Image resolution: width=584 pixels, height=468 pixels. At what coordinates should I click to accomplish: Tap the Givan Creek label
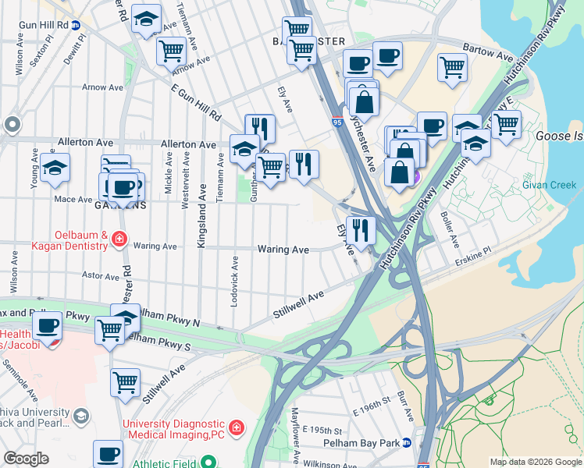[x=550, y=185]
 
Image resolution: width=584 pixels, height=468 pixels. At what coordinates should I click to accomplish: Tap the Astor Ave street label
[x=100, y=275]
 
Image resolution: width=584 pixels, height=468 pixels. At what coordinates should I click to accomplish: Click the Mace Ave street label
[x=73, y=200]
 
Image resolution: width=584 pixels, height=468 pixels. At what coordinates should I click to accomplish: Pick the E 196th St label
[x=370, y=409]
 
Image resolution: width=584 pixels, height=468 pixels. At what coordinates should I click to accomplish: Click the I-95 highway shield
[x=337, y=122]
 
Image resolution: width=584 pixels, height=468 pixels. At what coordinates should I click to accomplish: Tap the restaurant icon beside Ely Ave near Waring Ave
[x=360, y=229]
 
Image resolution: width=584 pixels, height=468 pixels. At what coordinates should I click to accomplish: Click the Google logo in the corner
[x=26, y=458]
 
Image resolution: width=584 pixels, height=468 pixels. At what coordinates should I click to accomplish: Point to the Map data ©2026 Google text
[x=536, y=462]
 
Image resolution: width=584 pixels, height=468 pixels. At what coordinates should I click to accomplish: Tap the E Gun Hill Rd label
[x=196, y=102]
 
